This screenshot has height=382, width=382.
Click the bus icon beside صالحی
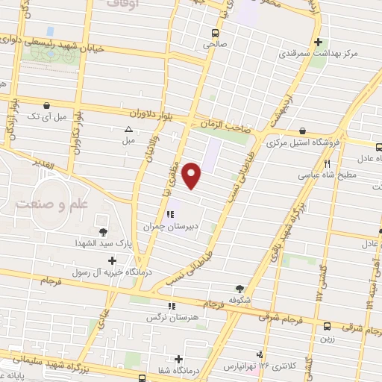215,33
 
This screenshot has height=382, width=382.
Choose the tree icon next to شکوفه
239,289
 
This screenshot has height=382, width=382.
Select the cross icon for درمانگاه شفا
178,358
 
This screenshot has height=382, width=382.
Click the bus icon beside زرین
327,325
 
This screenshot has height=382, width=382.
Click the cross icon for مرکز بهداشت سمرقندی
319,42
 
